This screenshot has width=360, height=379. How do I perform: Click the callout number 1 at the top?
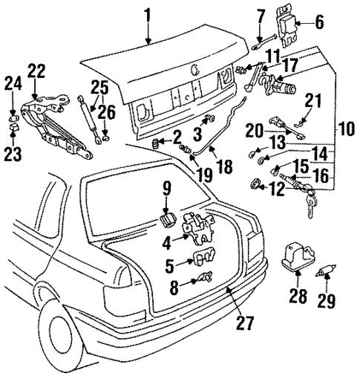[x=148, y=13]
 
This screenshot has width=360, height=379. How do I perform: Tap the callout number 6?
[x=319, y=22]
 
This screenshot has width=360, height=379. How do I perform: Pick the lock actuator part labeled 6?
[x=292, y=28]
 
